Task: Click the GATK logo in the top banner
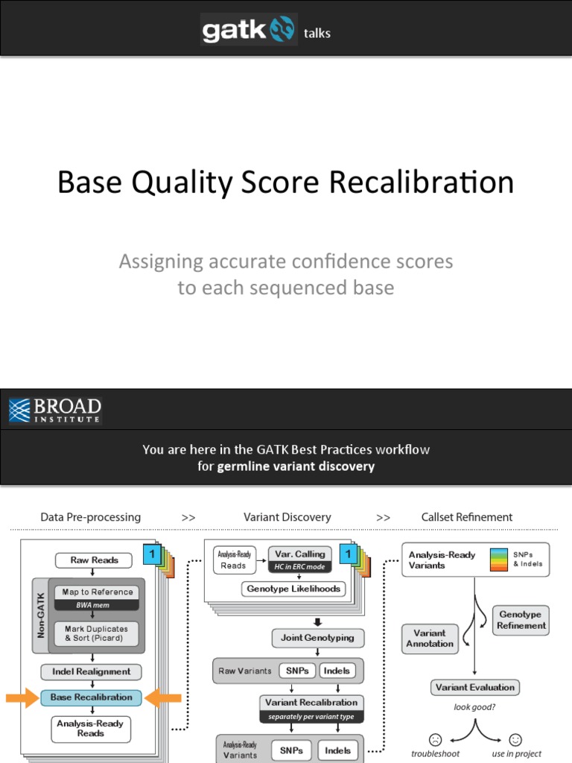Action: point(248,30)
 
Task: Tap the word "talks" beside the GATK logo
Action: point(317,33)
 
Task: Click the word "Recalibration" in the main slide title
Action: point(430,183)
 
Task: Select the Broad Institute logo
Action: point(55,410)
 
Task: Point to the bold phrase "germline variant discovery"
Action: point(296,466)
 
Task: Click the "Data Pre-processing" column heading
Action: point(90,517)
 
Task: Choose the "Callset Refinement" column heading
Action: point(467,517)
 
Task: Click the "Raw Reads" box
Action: point(92,560)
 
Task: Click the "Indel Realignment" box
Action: point(92,671)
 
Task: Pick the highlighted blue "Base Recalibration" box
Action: point(92,697)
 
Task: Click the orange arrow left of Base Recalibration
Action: point(22,697)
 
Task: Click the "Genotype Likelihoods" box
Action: point(293,589)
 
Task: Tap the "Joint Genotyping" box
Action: point(318,638)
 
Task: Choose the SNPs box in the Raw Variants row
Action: point(297,671)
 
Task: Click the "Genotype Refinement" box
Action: point(521,620)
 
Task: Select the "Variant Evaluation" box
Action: point(474,687)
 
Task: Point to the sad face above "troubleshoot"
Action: point(436,739)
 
